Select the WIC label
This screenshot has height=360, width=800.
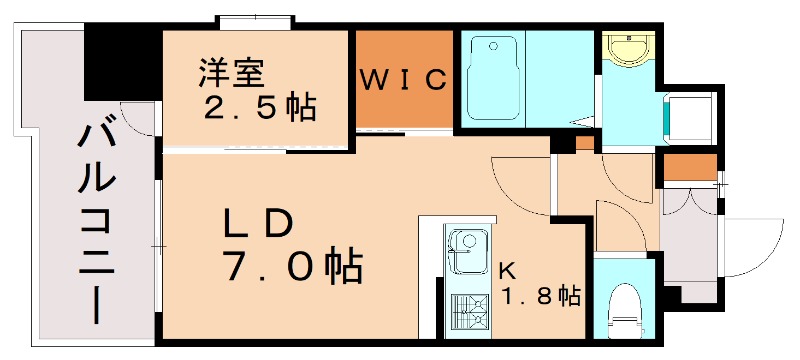(403, 81)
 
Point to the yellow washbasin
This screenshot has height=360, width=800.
(628, 49)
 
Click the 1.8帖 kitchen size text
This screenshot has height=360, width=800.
(540, 296)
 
